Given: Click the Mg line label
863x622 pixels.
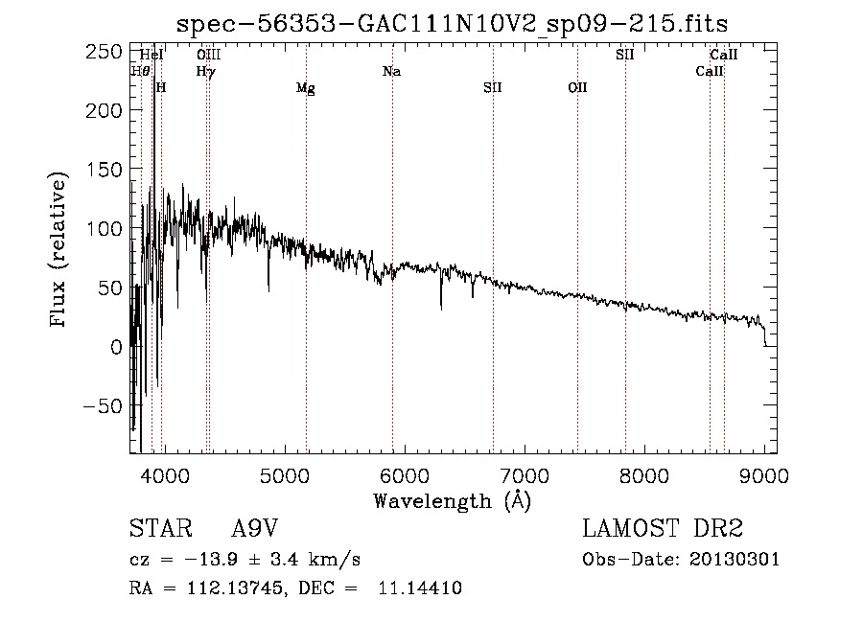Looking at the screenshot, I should click(x=305, y=89).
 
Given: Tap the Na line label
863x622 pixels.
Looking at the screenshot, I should click(x=391, y=71).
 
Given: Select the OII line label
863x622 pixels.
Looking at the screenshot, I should click(x=577, y=88).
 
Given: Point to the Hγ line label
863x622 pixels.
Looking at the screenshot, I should click(x=205, y=71).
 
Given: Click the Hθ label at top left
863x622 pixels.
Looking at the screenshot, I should click(x=140, y=71).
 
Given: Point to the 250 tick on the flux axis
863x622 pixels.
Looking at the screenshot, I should click(x=106, y=51).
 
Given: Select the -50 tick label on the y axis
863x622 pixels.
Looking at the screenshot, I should click(x=102, y=405).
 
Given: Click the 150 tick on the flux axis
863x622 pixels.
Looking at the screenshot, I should click(x=106, y=170).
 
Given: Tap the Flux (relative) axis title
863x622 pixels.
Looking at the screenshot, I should click(x=59, y=251).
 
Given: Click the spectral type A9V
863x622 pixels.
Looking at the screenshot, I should click(x=255, y=530).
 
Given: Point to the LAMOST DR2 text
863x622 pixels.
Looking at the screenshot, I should click(x=663, y=530).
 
